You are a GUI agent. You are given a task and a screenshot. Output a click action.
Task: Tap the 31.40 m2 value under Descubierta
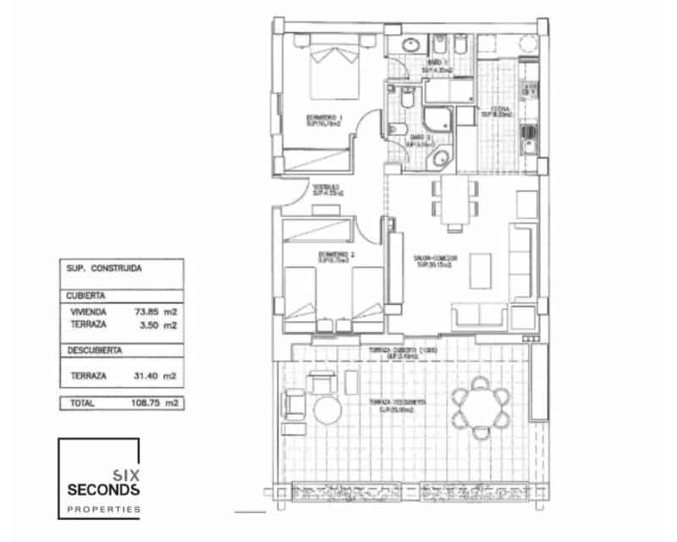tap(156, 375)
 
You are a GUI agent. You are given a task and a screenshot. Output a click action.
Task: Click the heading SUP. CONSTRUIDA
tap(103, 268)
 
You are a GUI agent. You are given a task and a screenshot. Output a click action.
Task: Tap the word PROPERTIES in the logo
tap(103, 510)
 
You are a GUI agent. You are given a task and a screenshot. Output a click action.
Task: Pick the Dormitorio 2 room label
tap(335, 255)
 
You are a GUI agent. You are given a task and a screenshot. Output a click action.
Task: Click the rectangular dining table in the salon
tap(455, 202)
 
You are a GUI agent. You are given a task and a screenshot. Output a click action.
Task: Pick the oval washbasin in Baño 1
tap(410, 44)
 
